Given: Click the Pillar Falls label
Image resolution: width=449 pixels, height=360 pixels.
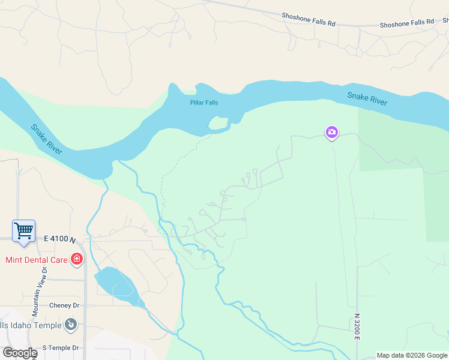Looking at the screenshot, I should tap(204, 103).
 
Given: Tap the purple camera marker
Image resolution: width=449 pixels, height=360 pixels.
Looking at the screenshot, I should tap(332, 132).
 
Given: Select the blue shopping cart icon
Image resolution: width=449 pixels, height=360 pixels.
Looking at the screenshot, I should tap(23, 230).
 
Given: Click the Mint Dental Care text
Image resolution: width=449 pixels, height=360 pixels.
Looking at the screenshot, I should tap(36, 260).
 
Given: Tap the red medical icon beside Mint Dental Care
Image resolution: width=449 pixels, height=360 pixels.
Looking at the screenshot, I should tap(77, 260).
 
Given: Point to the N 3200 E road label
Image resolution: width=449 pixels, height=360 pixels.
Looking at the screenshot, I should tap(356, 326).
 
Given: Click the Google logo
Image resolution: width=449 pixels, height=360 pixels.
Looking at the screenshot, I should tap(19, 353).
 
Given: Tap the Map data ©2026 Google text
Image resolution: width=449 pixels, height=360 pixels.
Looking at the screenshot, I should tap(412, 355).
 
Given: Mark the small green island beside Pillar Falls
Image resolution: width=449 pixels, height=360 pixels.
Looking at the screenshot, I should tap(218, 123).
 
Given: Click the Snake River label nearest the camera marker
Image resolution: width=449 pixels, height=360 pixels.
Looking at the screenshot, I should tap(367, 99).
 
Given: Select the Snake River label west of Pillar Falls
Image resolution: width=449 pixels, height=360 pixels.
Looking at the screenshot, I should tap(47, 139).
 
